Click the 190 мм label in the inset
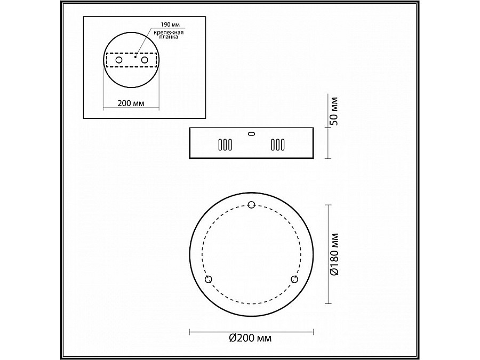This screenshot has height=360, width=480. pyautogui.click(x=170, y=25)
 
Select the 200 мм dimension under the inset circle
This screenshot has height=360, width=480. pyautogui.click(x=131, y=103)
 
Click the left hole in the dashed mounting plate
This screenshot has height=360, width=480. pyautogui.click(x=119, y=60)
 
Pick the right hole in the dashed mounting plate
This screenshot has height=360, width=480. pyautogui.click(x=145, y=60)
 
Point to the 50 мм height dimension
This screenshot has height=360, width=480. pyautogui.click(x=334, y=111)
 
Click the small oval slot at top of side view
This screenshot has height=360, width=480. pyautogui.click(x=251, y=133)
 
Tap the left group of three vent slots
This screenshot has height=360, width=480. pyautogui.click(x=225, y=145)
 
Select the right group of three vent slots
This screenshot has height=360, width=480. pyautogui.click(x=278, y=145)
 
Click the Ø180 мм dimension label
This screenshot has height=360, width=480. pyautogui.click(x=334, y=254)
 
